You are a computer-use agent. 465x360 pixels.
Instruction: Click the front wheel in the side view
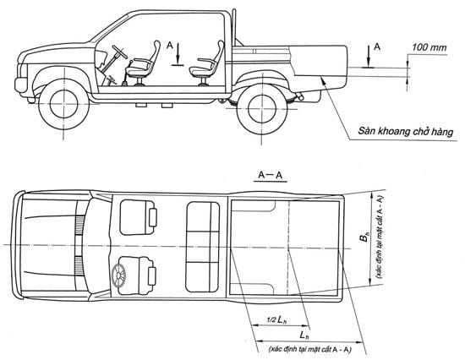63,105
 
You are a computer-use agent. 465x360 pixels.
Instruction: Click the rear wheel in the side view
262,109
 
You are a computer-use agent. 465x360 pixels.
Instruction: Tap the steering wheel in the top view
119,275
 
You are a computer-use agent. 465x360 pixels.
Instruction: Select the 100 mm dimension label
429,47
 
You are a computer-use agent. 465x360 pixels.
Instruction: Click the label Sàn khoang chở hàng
405,131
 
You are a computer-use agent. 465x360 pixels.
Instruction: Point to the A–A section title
271,175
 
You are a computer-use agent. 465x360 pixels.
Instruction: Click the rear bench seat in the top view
203,247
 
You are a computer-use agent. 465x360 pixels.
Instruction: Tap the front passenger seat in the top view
138,218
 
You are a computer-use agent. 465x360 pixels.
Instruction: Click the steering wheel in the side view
119,52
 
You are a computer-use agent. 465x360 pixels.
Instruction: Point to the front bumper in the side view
21,85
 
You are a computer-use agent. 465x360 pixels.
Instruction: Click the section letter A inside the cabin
170,46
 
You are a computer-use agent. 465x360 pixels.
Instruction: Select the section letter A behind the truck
376,46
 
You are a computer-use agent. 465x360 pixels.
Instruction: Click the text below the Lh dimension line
309,350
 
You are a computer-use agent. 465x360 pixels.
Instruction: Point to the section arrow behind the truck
368,57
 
